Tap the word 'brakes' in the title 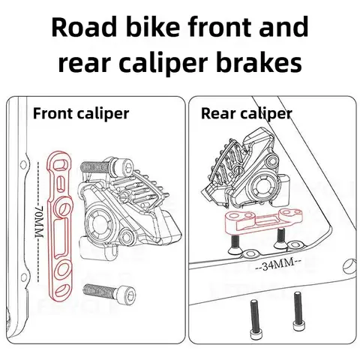[264, 62]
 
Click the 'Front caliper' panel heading [80, 114]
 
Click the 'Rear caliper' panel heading [246, 114]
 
